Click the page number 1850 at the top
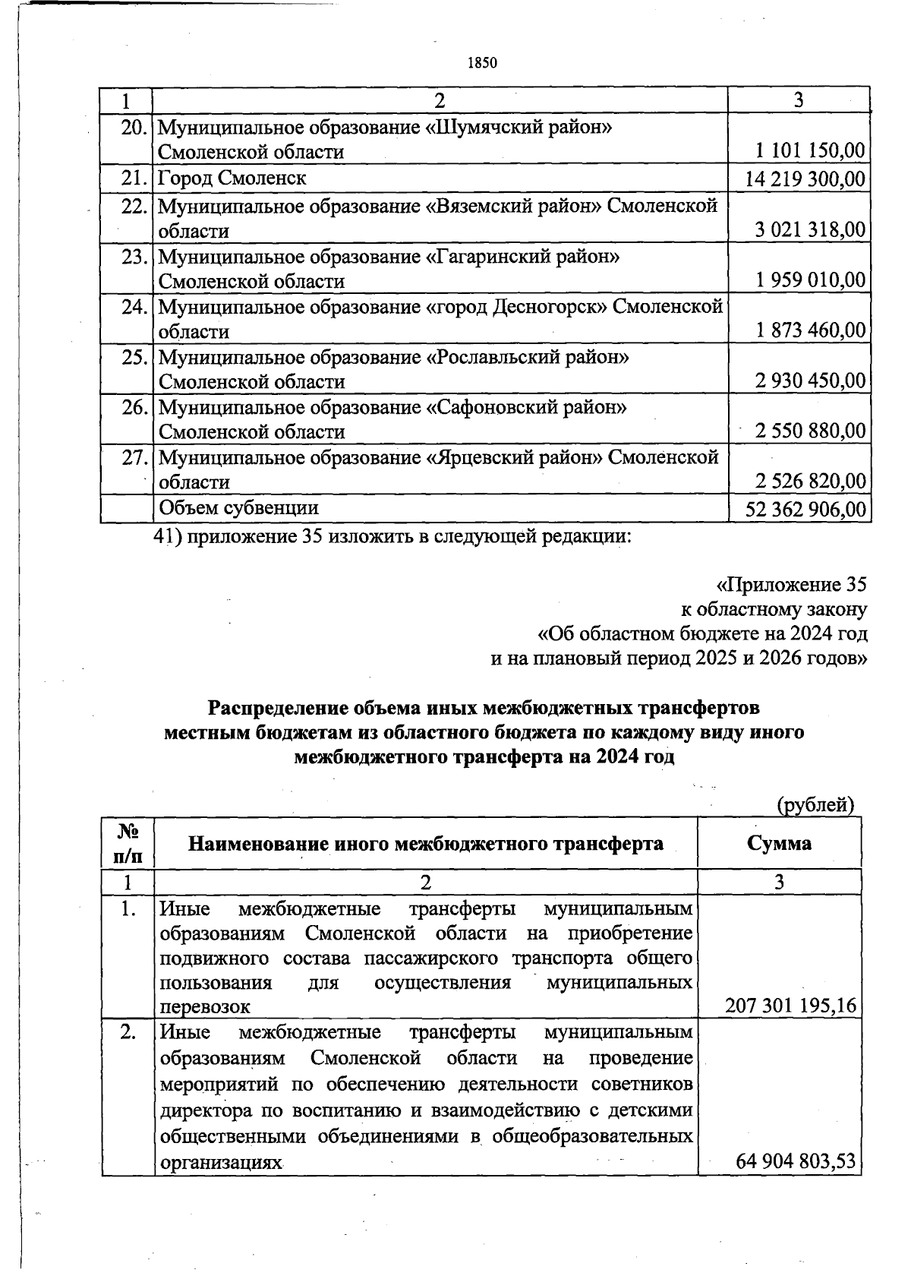pos(482,62)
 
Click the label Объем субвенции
pos(238,507)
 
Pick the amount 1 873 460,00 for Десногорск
pos(810,330)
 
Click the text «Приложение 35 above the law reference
pos(790,585)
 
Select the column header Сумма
pos(779,842)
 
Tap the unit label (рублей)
pos(816,804)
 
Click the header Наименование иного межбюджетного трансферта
pos(425,842)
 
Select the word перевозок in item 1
pos(205,1007)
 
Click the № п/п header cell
pos(128,842)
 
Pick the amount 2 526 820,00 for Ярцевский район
pos(810,481)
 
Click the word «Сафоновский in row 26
pos(484,408)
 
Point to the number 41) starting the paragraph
pos(165,536)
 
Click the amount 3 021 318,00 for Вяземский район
pos(810,230)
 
